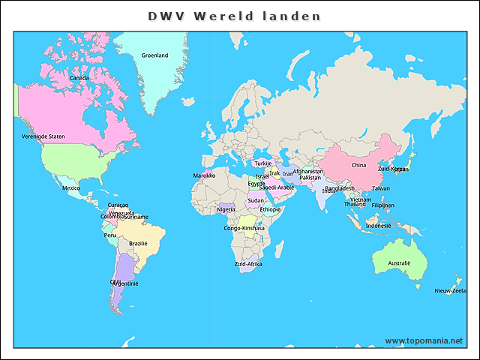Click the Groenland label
coord(155,55)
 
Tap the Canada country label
coord(79,78)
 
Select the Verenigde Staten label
coord(43,136)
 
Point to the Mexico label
coord(70,188)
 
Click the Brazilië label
coord(138,243)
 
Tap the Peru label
coord(110,235)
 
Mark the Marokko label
coord(204,175)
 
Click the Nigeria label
coord(226,210)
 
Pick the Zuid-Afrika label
coord(248,264)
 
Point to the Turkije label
coord(262,163)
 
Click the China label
coord(358,165)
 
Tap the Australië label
coord(399,263)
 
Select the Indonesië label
coord(378,226)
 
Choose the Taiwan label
coord(381,188)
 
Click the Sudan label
coord(256,200)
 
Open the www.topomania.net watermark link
coord(424,340)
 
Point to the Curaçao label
coord(118,205)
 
